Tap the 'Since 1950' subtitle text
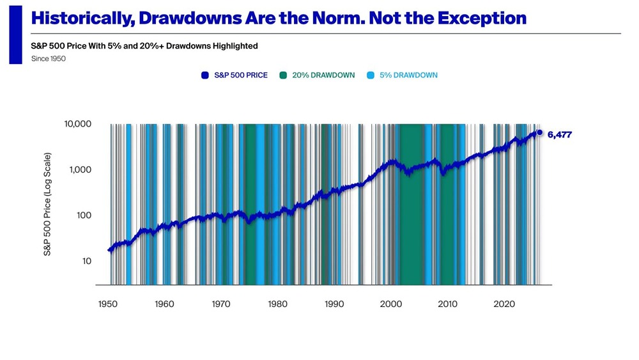coord(49,59)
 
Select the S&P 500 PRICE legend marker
coord(205,75)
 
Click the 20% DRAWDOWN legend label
coord(323,75)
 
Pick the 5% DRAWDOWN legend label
coord(409,75)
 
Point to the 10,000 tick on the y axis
coord(78,124)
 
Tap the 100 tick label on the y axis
coord(84,215)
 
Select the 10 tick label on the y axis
coord(86,261)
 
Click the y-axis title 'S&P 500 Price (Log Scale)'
coord(47,205)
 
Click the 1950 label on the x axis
coord(107,304)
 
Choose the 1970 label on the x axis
coord(221,304)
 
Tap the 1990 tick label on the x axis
coord(334,304)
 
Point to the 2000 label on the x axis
coord(391,304)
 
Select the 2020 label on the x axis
coord(505,304)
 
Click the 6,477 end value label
coord(562,133)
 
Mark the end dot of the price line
coord(539,132)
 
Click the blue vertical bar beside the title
coord(15,32)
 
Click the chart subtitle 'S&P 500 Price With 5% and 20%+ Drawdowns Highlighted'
coord(144,46)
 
